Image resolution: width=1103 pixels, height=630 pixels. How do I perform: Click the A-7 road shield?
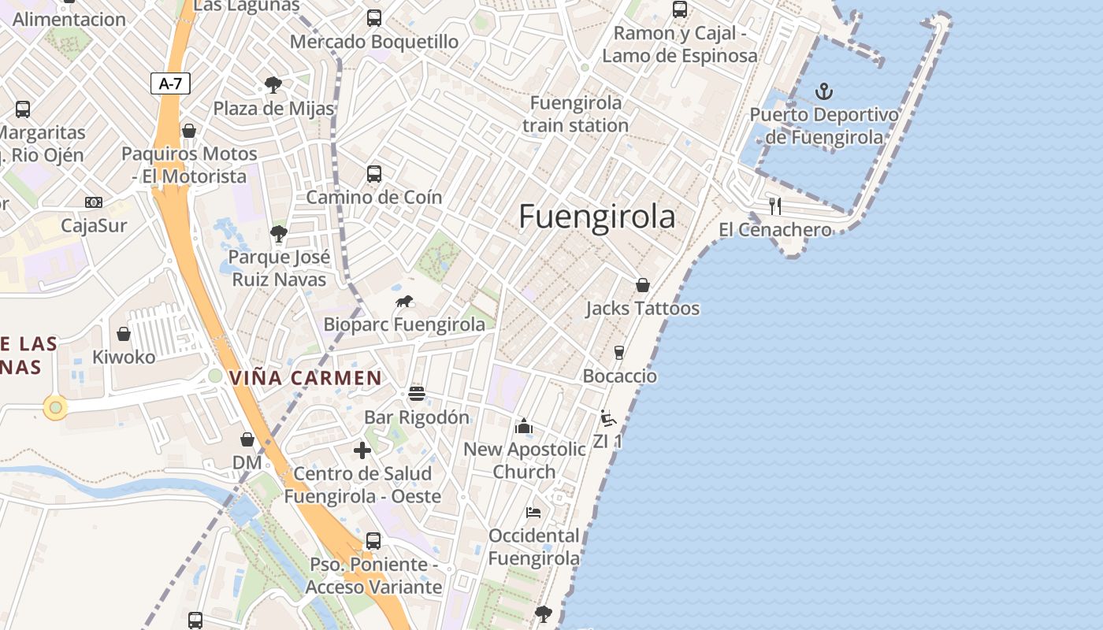tap(170, 83)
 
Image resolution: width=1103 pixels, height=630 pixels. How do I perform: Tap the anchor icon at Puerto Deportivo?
tap(823, 91)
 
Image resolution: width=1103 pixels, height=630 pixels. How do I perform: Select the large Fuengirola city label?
tap(597, 217)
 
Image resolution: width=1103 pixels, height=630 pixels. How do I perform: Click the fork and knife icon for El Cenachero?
tap(775, 206)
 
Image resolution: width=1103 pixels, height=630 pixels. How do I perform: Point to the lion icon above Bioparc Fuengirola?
tap(404, 302)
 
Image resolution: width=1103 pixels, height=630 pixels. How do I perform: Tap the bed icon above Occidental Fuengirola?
tap(533, 513)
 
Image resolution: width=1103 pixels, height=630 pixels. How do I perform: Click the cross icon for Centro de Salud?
tap(362, 450)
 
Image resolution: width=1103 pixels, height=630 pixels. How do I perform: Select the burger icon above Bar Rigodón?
tap(417, 394)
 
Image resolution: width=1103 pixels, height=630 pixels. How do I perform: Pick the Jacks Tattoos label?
tap(642, 308)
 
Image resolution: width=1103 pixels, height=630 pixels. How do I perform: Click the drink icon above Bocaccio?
tap(619, 352)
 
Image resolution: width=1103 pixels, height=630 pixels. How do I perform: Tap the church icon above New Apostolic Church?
tap(524, 426)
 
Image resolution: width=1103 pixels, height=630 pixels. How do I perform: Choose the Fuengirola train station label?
tap(575, 114)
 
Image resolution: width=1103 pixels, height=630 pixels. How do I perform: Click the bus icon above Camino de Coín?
tap(374, 173)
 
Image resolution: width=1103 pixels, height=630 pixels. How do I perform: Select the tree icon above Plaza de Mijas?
tap(273, 84)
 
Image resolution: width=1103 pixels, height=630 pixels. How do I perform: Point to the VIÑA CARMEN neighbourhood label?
tap(306, 378)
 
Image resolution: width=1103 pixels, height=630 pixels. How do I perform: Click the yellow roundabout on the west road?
tap(55, 407)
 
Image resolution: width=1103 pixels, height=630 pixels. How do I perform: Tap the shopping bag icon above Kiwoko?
tap(124, 334)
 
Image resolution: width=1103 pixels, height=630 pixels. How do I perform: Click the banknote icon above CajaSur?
tap(94, 202)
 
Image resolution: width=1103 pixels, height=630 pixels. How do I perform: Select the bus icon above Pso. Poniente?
tap(373, 541)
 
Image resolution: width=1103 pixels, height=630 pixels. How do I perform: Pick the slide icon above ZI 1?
tap(607, 418)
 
